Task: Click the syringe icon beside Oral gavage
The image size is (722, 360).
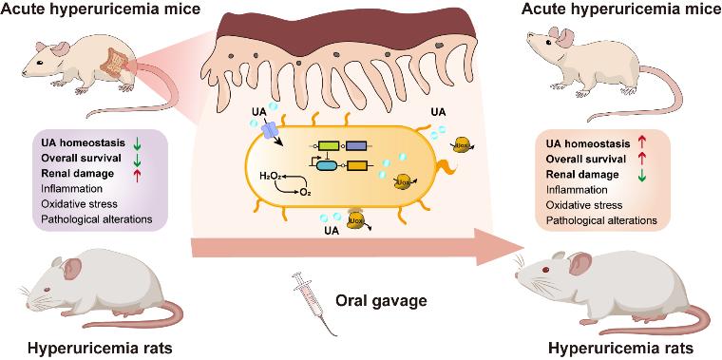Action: point(315,303)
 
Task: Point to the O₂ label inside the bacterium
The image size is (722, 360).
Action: point(305,193)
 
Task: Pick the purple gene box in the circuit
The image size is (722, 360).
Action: point(356,146)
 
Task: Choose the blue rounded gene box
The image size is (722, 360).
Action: point(326,165)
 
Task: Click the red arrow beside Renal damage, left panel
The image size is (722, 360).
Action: point(137,174)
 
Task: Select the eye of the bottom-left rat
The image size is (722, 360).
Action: point(46,290)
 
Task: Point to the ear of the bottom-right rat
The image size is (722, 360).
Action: point(580,263)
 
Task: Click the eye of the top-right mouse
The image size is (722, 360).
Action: point(548,43)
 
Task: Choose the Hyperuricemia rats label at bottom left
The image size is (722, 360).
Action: point(100,349)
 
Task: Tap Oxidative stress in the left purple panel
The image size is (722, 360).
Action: point(79,203)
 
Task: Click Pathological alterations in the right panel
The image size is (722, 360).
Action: point(601,220)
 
